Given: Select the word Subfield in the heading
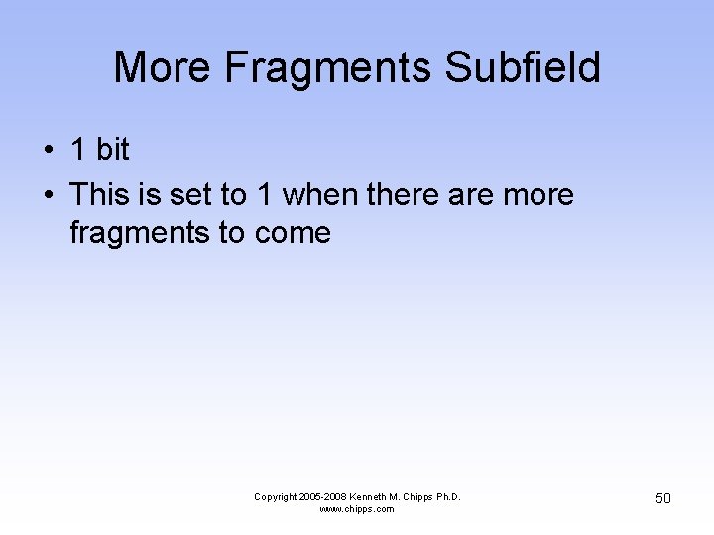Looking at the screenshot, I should click(x=523, y=68).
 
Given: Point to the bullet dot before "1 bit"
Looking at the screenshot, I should click(x=48, y=151).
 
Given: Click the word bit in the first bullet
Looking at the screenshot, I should click(x=112, y=150).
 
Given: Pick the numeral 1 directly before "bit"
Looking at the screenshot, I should click(x=78, y=150).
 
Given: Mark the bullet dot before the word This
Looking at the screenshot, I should click(x=48, y=195).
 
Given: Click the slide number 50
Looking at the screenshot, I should click(x=662, y=498).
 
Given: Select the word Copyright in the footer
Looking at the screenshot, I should click(x=277, y=497).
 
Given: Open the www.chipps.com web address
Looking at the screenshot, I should click(x=357, y=509).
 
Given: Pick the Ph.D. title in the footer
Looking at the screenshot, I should click(x=448, y=497).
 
